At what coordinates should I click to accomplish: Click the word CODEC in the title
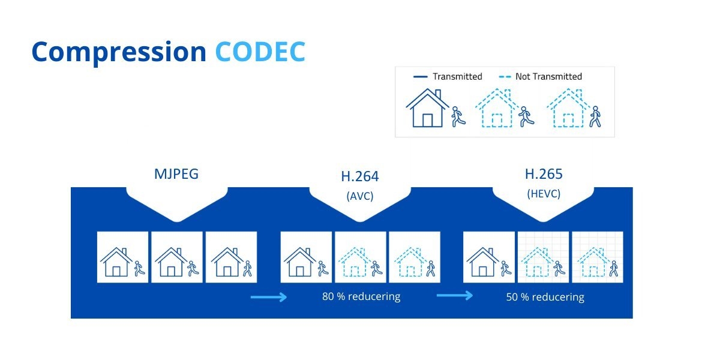click(x=260, y=52)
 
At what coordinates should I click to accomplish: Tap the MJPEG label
click(x=176, y=174)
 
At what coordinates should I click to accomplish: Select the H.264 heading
click(x=360, y=176)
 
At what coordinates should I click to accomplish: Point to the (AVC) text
click(x=360, y=196)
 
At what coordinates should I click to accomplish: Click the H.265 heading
click(x=544, y=174)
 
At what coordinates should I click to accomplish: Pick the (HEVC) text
click(x=544, y=194)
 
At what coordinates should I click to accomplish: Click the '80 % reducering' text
click(x=361, y=296)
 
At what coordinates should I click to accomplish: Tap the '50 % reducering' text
click(x=545, y=297)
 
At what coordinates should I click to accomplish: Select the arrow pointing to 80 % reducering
click(x=269, y=297)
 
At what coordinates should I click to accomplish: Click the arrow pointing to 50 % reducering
click(x=455, y=295)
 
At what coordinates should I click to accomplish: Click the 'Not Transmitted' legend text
click(x=548, y=77)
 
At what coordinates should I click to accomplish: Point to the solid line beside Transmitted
click(x=420, y=77)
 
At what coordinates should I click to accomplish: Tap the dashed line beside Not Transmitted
click(x=505, y=77)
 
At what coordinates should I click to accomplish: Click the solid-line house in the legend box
click(x=427, y=108)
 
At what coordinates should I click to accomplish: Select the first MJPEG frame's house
click(x=116, y=262)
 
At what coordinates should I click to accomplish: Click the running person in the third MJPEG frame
click(x=247, y=269)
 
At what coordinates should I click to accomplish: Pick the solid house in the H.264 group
click(x=299, y=262)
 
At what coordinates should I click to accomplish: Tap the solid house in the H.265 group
click(x=482, y=262)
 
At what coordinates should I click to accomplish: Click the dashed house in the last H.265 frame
click(x=593, y=262)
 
